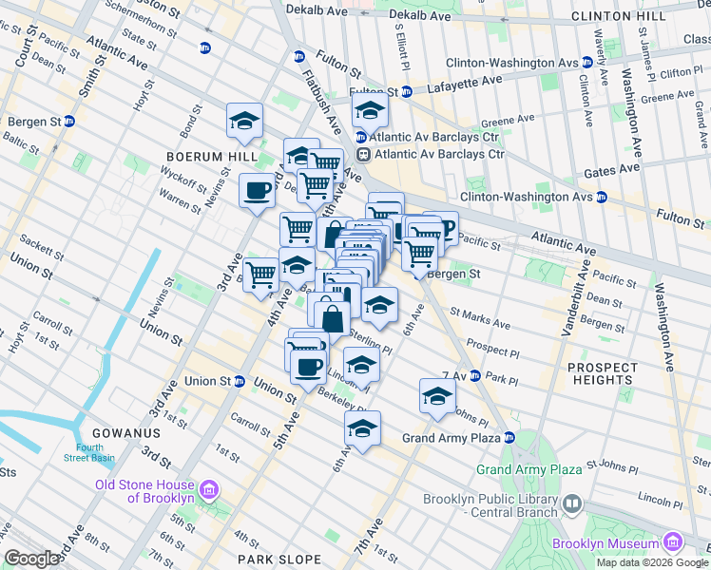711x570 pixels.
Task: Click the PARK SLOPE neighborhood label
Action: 275,560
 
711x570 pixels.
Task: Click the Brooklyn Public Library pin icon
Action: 572,503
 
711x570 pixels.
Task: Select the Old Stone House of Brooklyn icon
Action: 210,490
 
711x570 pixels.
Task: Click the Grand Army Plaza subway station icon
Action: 509,438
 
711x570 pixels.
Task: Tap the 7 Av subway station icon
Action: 475,376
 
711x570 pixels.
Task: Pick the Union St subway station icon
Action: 239,381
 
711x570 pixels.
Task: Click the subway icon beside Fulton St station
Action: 406,92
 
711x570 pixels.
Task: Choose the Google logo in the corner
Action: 31,559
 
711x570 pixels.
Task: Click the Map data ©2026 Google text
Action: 652,562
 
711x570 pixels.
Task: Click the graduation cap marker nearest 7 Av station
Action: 436,397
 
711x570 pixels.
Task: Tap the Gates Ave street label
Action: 615,168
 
